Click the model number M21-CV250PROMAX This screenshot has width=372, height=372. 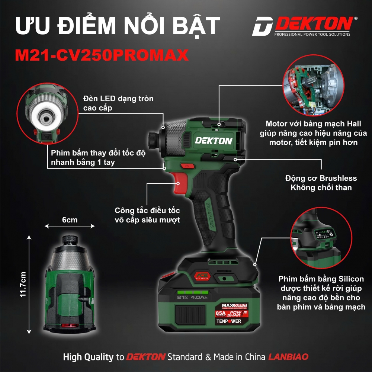pos(102,55)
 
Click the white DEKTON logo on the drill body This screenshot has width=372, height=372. pos(214,141)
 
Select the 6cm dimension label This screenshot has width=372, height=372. pos(70,220)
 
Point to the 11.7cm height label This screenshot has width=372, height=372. pos(23,284)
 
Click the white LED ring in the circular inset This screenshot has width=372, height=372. pos(47,115)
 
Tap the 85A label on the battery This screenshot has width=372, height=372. pos(220,313)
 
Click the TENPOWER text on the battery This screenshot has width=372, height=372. pos(229,321)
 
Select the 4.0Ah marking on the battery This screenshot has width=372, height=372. pos(199,297)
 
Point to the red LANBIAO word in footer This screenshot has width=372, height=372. pos(288,357)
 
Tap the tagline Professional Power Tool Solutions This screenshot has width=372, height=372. pos(312,34)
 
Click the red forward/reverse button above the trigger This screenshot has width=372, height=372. pos(187,166)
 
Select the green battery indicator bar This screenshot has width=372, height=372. pos(193,292)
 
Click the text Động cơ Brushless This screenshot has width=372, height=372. pos(321,178)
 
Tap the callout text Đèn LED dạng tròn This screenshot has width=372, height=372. pos(118,99)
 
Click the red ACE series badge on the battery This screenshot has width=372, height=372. pos(202,276)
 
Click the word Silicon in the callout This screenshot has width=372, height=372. pos(351,279)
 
